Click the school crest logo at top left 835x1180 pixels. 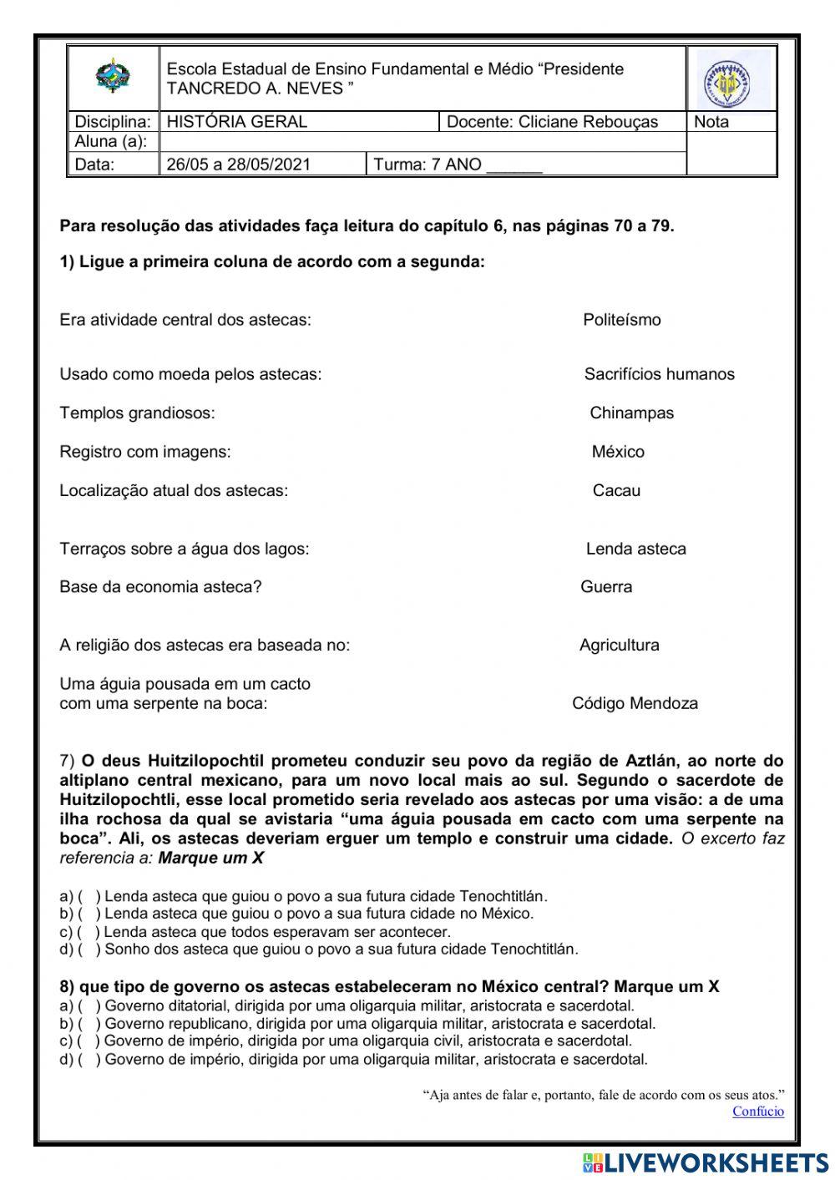tap(113, 78)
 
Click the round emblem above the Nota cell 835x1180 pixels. tap(723, 84)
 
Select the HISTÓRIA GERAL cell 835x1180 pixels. tap(237, 122)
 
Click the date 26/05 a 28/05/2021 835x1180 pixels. tap(238, 165)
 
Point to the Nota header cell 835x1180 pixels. tap(711, 122)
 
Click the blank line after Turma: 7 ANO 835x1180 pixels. tap(514, 165)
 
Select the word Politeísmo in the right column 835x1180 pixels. tap(621, 320)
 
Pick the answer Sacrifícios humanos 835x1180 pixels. tap(659, 374)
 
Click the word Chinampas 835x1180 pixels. tap(631, 413)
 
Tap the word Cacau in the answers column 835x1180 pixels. tap(616, 491)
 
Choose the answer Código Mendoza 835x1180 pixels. tap(635, 703)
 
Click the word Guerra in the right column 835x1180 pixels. tap(606, 587)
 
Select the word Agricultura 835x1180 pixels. tap(619, 646)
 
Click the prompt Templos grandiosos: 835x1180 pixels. tap(137, 413)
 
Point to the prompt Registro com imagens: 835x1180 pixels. tap(144, 452)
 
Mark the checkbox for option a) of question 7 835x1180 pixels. tap(89, 897)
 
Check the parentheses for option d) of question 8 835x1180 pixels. tap(89, 1060)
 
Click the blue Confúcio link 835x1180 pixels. tap(757, 1112)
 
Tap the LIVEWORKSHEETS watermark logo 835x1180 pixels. tap(706, 1162)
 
